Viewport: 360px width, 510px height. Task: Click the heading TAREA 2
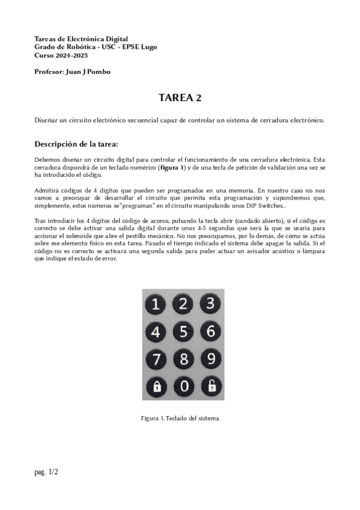pos(180,97)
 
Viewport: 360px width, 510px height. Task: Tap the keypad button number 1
pos(156,305)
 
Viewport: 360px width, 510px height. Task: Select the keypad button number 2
pos(184,304)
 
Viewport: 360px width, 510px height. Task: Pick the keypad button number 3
pos(210,304)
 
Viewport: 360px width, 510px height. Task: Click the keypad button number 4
pos(156,332)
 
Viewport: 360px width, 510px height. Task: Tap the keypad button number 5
pos(184,332)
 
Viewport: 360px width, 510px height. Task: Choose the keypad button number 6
pos(210,331)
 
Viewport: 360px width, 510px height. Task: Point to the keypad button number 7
pos(156,360)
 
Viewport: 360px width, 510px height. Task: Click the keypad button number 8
pos(184,360)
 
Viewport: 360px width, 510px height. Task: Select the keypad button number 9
pos(210,359)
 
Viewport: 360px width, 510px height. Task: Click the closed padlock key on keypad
pos(156,387)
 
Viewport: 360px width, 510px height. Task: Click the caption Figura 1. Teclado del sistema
pos(180,418)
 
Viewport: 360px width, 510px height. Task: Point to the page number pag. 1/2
pos(46,472)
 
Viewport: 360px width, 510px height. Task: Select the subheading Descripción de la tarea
pos(76,144)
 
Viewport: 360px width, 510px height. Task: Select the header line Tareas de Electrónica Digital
pos(81,38)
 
